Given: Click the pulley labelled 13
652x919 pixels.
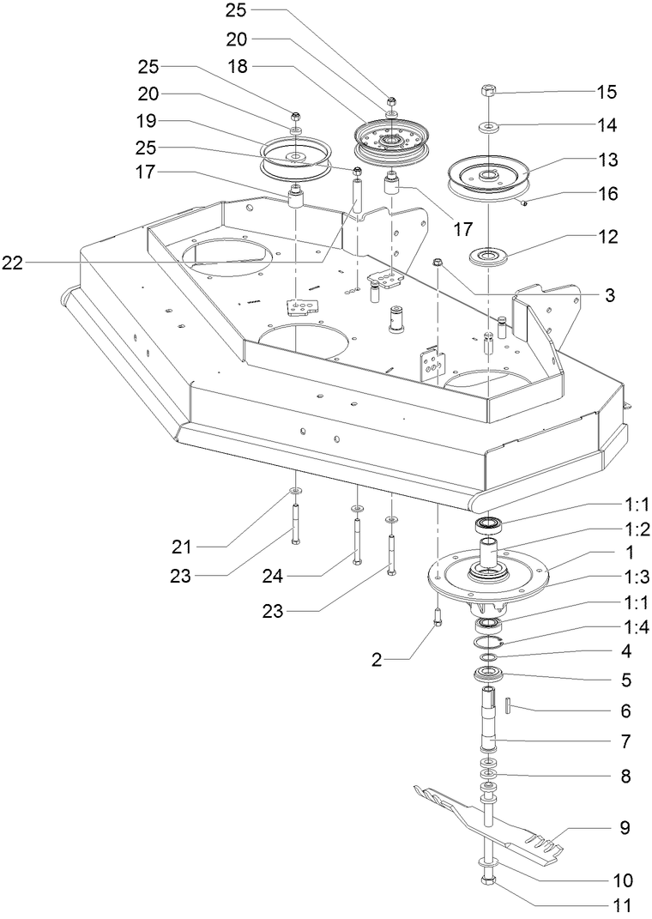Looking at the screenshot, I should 487,176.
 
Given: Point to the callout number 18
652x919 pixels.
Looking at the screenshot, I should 238,66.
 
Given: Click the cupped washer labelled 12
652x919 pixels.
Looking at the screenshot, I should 486,255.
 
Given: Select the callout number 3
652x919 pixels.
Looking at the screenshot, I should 609,295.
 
